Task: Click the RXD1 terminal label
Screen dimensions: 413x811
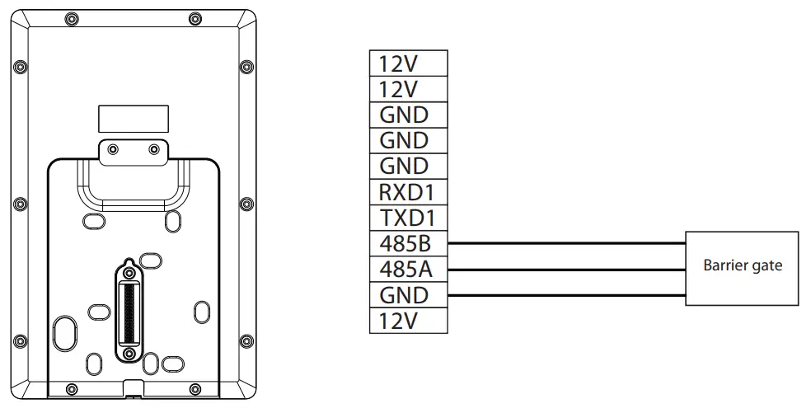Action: point(408,192)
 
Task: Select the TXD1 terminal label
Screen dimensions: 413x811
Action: point(408,218)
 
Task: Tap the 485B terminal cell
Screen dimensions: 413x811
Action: point(408,243)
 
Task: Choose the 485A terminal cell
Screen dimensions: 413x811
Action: point(408,269)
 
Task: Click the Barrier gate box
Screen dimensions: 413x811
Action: point(742,269)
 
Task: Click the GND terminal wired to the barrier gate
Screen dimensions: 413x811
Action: point(408,294)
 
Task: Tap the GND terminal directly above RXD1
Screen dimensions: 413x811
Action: point(408,167)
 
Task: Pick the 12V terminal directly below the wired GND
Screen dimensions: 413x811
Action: point(408,320)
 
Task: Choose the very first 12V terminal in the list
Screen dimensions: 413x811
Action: point(408,63)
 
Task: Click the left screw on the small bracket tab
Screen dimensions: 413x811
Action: point(113,150)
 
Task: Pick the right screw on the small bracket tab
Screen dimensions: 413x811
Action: point(154,150)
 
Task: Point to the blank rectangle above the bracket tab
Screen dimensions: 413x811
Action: point(134,119)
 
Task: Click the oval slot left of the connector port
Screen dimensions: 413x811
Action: point(96,311)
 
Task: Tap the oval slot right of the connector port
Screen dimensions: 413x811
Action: point(202,311)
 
